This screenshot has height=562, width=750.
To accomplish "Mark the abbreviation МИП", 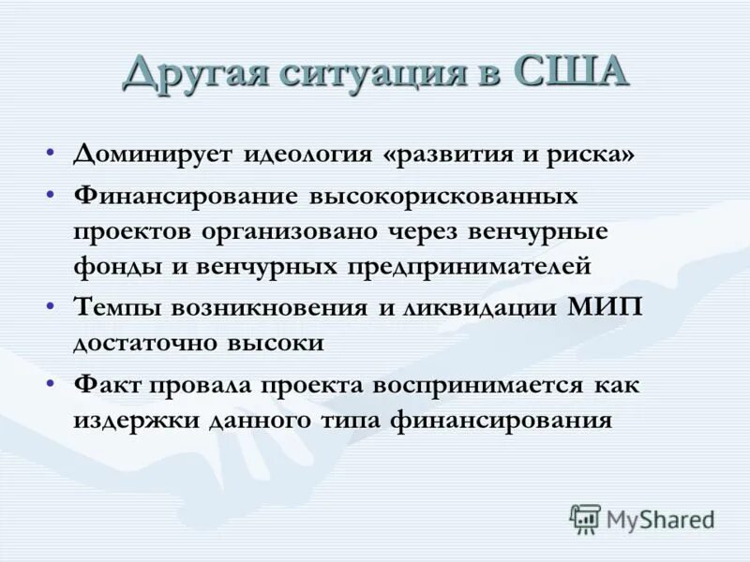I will tap(605, 308).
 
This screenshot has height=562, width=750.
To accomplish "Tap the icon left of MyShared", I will tap(585, 518).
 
